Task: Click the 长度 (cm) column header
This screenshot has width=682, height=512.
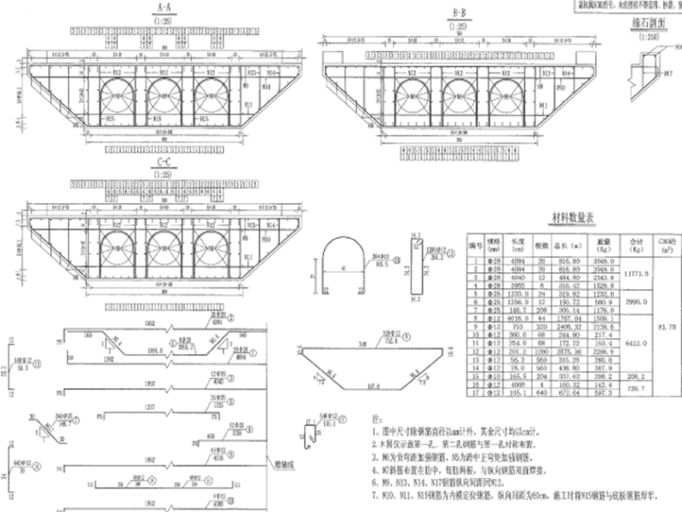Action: pyautogui.click(x=518, y=243)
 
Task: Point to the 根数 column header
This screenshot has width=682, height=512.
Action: pyautogui.click(x=542, y=243)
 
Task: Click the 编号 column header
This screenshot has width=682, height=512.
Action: pyautogui.click(x=473, y=243)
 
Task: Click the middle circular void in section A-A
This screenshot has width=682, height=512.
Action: pyautogui.click(x=162, y=94)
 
